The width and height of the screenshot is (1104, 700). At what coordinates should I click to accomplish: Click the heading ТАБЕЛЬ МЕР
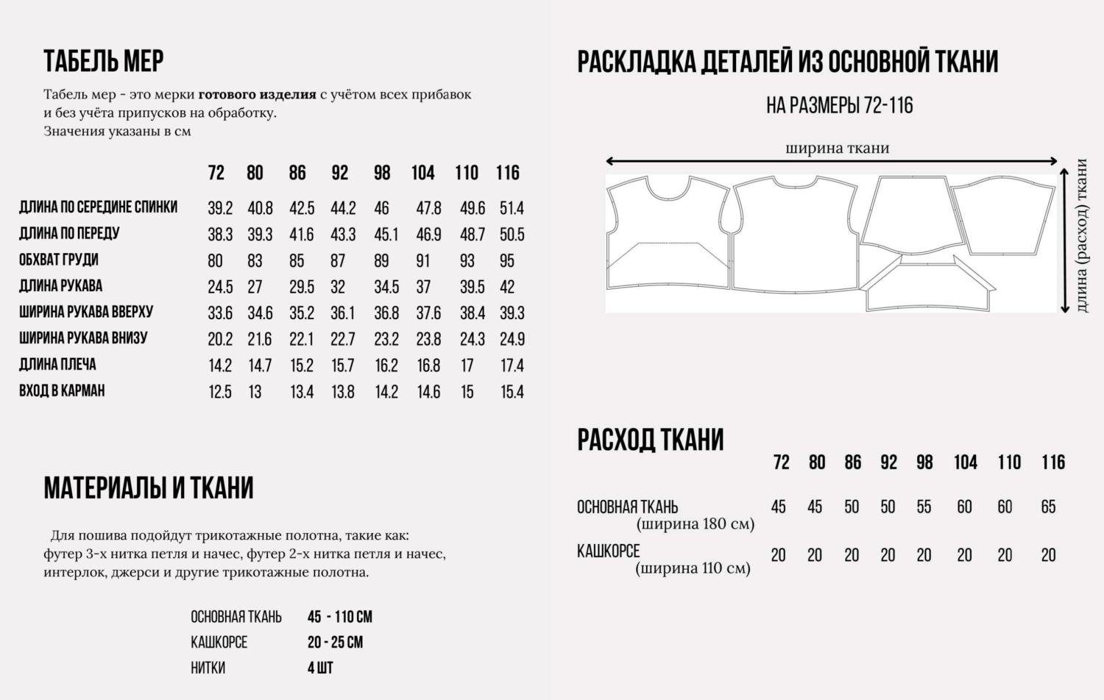(x=104, y=61)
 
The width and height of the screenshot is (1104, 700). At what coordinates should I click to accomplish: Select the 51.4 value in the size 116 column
(x=512, y=208)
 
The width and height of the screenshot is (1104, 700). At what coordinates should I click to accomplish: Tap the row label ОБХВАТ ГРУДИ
(x=59, y=260)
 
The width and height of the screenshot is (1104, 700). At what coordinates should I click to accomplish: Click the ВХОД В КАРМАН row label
(x=62, y=390)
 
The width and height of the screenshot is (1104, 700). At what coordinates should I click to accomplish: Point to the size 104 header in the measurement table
(x=422, y=173)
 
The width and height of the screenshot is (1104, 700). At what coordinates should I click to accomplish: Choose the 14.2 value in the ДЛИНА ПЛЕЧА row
(x=220, y=365)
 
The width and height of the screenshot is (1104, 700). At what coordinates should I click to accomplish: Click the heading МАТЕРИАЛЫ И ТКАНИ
(x=149, y=488)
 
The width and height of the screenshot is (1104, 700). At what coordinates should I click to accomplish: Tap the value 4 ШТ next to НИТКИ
(x=320, y=668)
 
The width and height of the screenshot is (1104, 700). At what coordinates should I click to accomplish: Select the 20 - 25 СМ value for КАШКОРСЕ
(x=335, y=642)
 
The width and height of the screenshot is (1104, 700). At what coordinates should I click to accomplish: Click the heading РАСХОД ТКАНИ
(x=651, y=440)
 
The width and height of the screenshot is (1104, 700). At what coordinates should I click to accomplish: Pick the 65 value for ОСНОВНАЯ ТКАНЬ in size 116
(x=1048, y=507)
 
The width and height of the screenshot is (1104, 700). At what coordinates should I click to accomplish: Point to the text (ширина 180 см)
(x=696, y=524)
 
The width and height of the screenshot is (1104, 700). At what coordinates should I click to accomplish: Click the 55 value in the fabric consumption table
(x=924, y=507)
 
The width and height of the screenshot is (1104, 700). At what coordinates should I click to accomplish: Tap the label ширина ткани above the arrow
(x=838, y=148)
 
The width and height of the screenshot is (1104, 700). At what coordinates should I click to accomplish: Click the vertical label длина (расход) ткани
(x=1081, y=235)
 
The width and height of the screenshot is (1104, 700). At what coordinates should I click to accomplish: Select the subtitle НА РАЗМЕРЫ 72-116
(x=839, y=106)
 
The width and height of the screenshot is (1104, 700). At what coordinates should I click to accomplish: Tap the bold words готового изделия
(x=257, y=94)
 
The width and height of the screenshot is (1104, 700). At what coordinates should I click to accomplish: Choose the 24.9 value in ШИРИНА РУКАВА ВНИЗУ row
(x=512, y=339)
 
